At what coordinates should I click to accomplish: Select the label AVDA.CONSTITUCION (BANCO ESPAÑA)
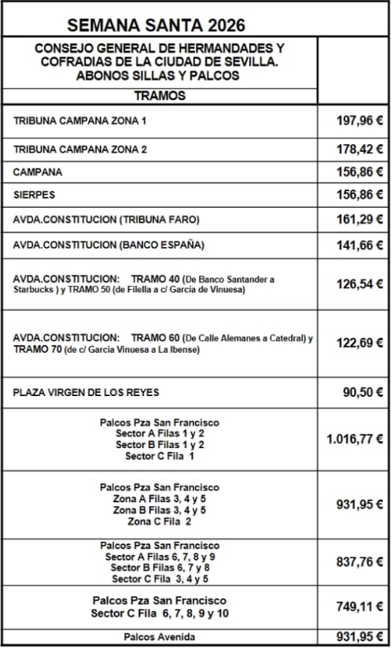[x=109, y=245]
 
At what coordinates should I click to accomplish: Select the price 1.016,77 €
[x=354, y=439]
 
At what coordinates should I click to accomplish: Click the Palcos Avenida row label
[x=159, y=637]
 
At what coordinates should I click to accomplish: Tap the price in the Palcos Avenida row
[x=354, y=637]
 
